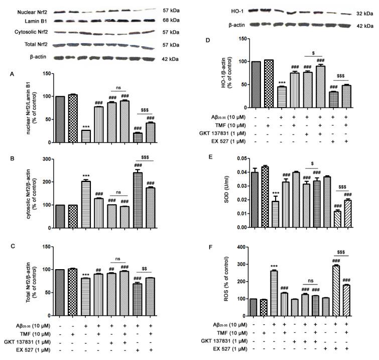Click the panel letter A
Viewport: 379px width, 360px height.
[13, 73]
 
